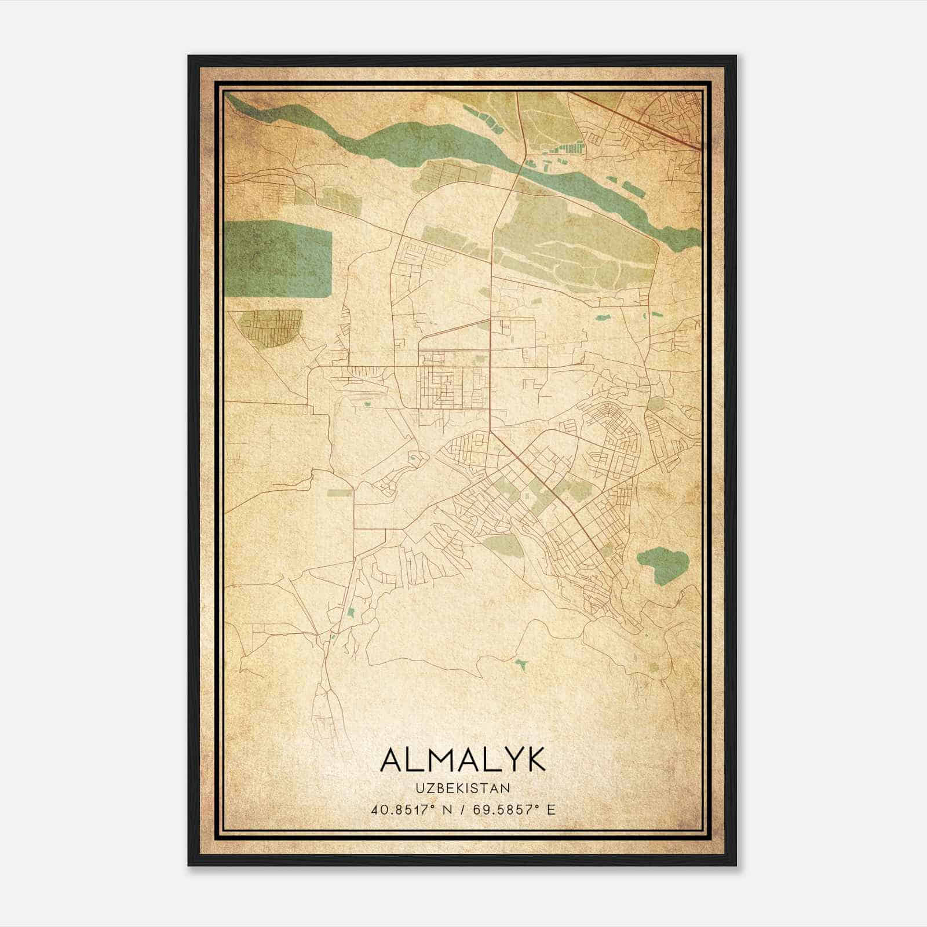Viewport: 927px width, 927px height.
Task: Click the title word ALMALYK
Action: click(x=462, y=760)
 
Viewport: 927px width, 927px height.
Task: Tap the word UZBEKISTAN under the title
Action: click(x=462, y=789)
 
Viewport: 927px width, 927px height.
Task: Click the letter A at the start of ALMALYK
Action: click(x=392, y=760)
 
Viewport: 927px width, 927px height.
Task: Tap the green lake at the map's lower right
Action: click(x=662, y=563)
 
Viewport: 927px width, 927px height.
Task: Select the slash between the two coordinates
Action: click(x=462, y=809)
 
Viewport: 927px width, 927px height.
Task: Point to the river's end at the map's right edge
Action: click(x=695, y=235)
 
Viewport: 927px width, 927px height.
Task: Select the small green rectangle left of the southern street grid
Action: click(x=340, y=493)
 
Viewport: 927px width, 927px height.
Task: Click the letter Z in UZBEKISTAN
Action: click(x=425, y=789)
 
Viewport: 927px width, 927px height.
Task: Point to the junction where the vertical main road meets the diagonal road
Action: click(x=491, y=431)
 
